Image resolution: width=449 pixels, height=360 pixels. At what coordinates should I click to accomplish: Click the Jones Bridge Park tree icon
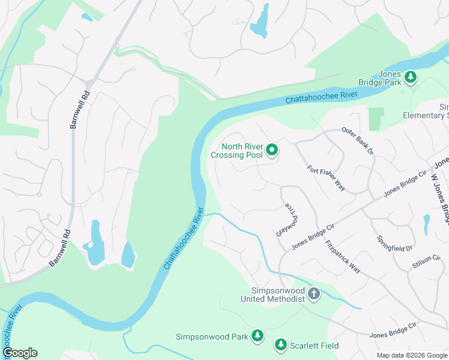point(411,77)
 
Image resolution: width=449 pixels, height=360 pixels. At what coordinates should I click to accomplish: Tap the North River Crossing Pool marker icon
point(271,150)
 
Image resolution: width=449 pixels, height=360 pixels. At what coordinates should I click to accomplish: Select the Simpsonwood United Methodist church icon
point(313,294)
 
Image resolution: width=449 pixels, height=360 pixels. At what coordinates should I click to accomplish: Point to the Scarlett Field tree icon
point(280,345)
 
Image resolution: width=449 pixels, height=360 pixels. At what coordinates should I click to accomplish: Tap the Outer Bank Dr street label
point(358,141)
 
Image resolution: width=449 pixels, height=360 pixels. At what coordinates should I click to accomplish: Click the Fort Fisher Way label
point(326,178)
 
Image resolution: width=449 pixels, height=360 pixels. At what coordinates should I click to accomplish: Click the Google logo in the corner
point(20,353)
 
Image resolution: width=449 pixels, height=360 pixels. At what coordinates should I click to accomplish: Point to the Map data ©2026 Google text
point(412,355)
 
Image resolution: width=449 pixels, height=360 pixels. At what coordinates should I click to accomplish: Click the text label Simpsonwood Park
point(212,337)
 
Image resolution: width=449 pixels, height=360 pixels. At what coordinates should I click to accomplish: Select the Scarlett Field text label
point(315,346)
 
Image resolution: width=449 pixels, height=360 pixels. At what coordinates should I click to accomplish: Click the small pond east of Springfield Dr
point(426,224)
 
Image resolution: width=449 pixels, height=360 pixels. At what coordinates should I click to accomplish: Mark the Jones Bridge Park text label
point(381,78)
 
